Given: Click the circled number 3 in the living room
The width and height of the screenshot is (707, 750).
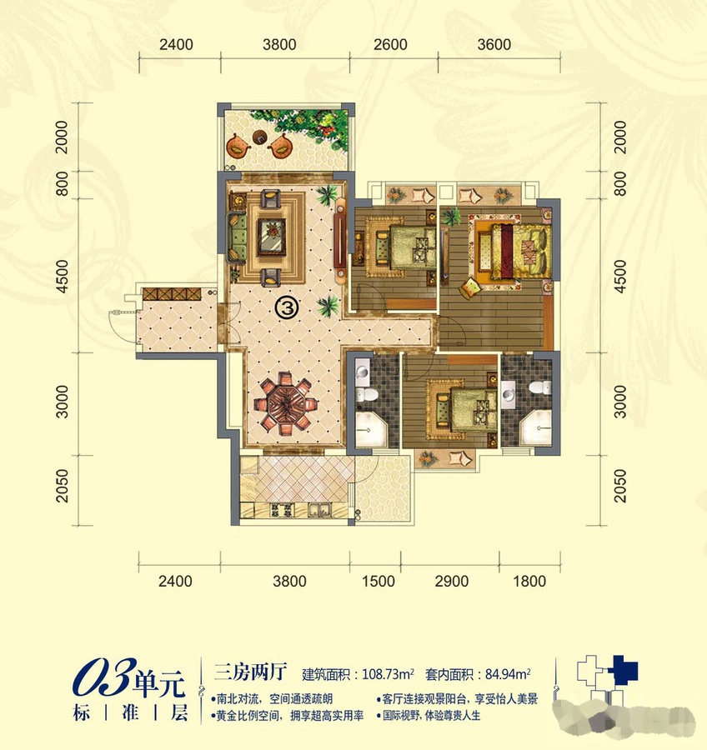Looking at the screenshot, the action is (287, 307).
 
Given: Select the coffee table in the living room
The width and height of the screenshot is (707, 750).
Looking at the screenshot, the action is (272, 237).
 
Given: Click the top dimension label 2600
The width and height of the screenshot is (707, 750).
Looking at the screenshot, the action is (390, 44).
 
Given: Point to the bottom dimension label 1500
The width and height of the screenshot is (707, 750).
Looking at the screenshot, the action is (379, 581).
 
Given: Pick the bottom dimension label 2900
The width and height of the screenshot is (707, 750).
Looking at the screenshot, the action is (451, 581).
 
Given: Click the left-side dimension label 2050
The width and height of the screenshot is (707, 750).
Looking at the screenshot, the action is (63, 486).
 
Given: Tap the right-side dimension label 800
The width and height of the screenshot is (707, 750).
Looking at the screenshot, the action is (620, 184).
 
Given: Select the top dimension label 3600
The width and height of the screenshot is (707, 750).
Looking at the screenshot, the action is (494, 44).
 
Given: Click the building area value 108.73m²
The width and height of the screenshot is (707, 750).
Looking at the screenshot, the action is (388, 674).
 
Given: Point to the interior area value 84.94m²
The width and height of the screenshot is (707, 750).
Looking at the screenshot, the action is (508, 674).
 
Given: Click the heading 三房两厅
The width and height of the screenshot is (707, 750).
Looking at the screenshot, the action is (250, 672).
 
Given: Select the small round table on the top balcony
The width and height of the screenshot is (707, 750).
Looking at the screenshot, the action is (260, 137).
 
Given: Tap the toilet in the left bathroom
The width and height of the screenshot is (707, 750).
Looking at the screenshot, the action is (367, 395).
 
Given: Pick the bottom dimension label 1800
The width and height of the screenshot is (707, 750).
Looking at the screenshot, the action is (529, 581).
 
